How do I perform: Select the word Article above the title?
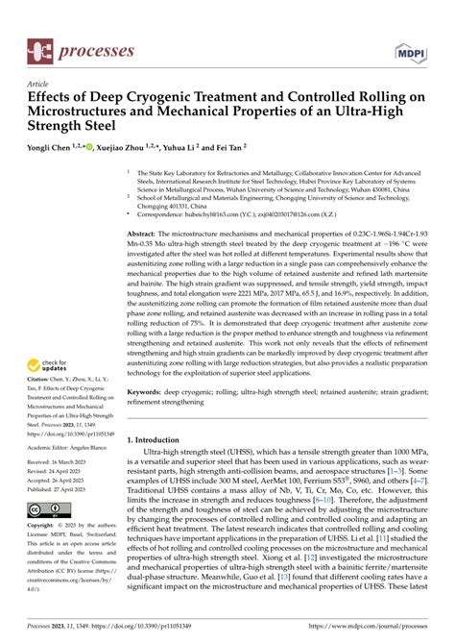(x=42, y=84)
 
